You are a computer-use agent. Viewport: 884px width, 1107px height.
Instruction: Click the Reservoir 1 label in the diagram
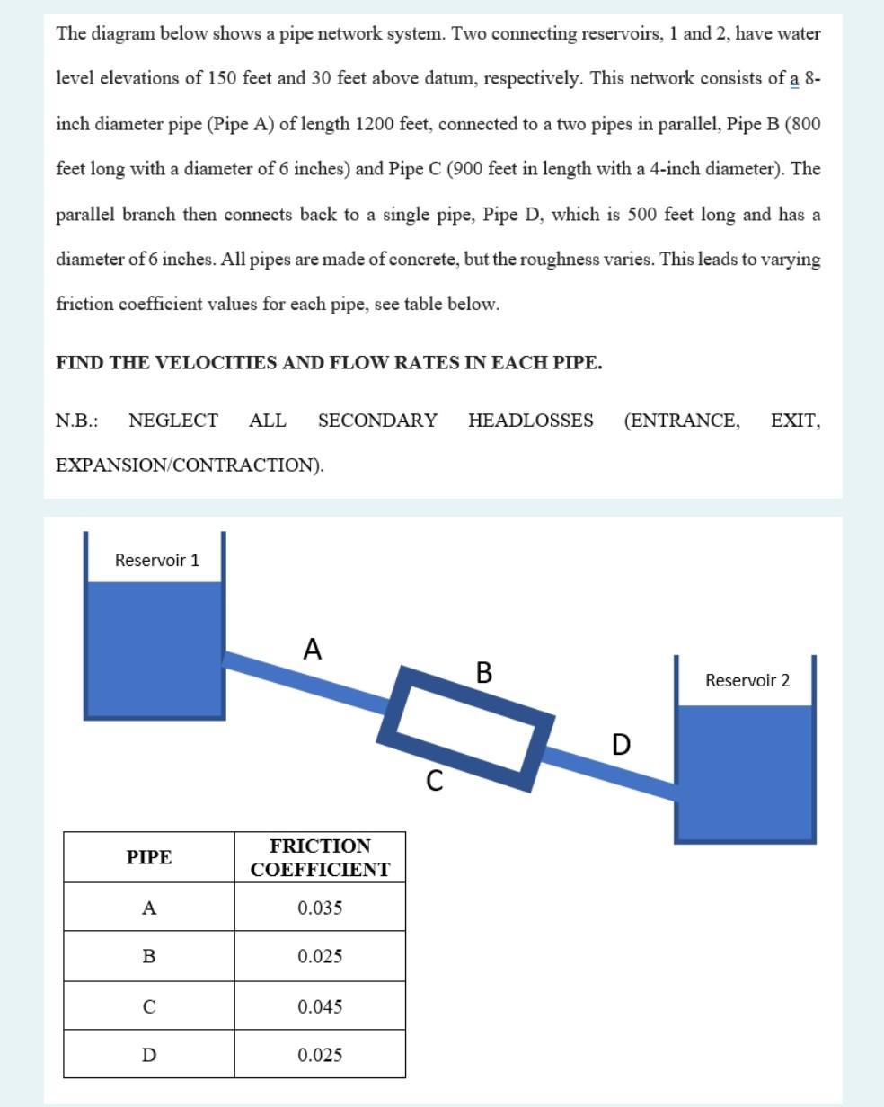[157, 560]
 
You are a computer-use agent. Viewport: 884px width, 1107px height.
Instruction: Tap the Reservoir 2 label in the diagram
[747, 680]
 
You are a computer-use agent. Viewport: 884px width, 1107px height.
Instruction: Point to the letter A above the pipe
[312, 649]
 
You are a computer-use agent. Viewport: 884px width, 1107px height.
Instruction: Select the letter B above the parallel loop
[483, 672]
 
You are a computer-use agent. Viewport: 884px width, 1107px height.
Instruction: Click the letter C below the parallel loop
[434, 782]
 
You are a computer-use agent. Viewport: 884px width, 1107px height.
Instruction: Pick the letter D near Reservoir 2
[621, 745]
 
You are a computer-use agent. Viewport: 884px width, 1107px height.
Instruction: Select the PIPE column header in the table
[148, 857]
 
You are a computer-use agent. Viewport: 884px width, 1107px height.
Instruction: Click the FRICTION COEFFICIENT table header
[320, 857]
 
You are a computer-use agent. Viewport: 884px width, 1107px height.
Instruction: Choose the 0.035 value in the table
[320, 908]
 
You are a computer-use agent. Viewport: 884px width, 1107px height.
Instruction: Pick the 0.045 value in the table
[320, 1006]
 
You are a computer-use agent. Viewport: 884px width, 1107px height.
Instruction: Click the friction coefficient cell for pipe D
[320, 1055]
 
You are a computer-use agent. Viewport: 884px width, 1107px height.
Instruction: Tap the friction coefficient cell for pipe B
[320, 956]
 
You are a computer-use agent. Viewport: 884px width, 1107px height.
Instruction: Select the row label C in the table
[148, 1006]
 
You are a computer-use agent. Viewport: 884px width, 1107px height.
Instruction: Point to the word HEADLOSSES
[530, 421]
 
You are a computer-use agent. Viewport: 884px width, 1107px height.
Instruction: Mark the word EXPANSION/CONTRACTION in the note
[189, 465]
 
